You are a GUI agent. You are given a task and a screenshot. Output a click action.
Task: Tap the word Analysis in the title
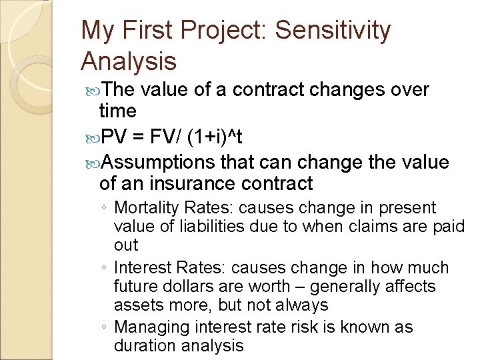tap(129, 62)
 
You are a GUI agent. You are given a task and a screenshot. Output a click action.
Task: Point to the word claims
tap(366, 227)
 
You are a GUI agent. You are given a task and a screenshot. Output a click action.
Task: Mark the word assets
tap(135, 305)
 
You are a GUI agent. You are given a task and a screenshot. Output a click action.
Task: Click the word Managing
tap(147, 327)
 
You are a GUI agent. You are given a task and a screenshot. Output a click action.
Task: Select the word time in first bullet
tap(117, 111)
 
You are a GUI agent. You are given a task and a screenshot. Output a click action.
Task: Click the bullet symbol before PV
tap(92, 138)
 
